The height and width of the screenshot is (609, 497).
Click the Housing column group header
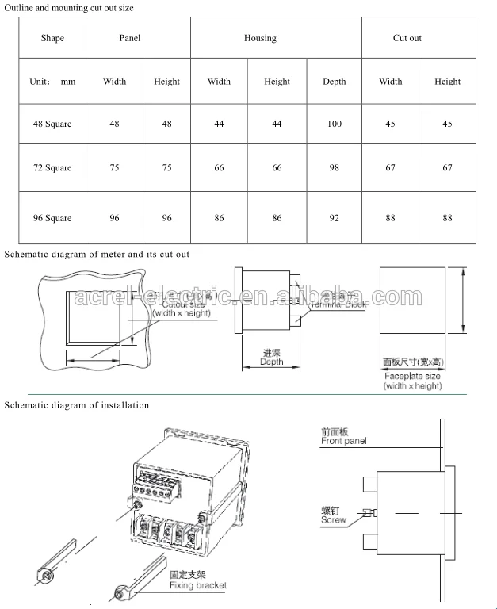tap(260, 38)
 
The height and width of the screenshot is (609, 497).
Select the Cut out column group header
tap(407, 38)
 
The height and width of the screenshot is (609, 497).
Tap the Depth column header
tap(335, 82)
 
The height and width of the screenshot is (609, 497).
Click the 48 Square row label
tap(52, 124)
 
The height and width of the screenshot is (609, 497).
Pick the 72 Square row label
tap(52, 168)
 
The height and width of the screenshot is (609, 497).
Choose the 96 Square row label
tap(52, 218)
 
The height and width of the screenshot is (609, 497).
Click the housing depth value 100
tap(335, 124)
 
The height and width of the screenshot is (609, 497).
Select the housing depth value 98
tap(335, 168)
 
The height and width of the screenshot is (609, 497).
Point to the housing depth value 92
tap(335, 218)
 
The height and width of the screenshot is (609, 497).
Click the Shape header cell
tap(52, 38)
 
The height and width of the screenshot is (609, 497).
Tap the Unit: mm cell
tap(52, 82)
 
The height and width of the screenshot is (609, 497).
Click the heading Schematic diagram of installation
tap(77, 405)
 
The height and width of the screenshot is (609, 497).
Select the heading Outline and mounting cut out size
tap(70, 8)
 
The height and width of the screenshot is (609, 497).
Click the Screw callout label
tap(334, 520)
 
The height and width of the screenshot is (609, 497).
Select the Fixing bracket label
tap(197, 585)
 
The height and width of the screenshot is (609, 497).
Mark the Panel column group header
tap(130, 38)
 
